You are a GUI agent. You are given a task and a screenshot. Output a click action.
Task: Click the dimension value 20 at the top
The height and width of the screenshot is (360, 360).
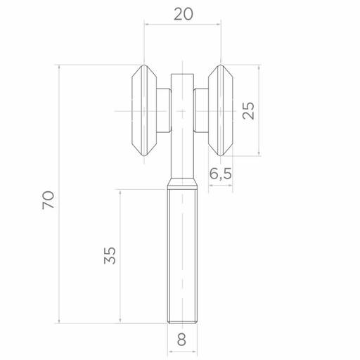(184, 14)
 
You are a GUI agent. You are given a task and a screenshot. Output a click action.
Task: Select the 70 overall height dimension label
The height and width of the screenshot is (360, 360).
(49, 200)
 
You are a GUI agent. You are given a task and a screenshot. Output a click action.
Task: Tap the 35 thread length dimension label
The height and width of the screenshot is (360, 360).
(110, 255)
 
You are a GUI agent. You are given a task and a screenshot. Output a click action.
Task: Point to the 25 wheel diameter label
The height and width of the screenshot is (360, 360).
(248, 110)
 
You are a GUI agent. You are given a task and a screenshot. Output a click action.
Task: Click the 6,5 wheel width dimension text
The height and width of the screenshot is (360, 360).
(220, 174)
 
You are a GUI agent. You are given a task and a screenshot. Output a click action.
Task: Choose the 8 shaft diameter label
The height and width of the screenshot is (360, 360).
(182, 340)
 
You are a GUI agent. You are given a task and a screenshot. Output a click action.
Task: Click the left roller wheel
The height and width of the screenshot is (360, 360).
(144, 110)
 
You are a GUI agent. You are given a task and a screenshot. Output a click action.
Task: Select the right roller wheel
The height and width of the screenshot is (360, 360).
(221, 110)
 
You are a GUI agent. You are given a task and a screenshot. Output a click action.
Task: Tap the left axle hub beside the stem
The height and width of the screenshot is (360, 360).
(164, 110)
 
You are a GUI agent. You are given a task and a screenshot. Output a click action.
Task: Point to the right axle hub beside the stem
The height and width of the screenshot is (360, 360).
(201, 110)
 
